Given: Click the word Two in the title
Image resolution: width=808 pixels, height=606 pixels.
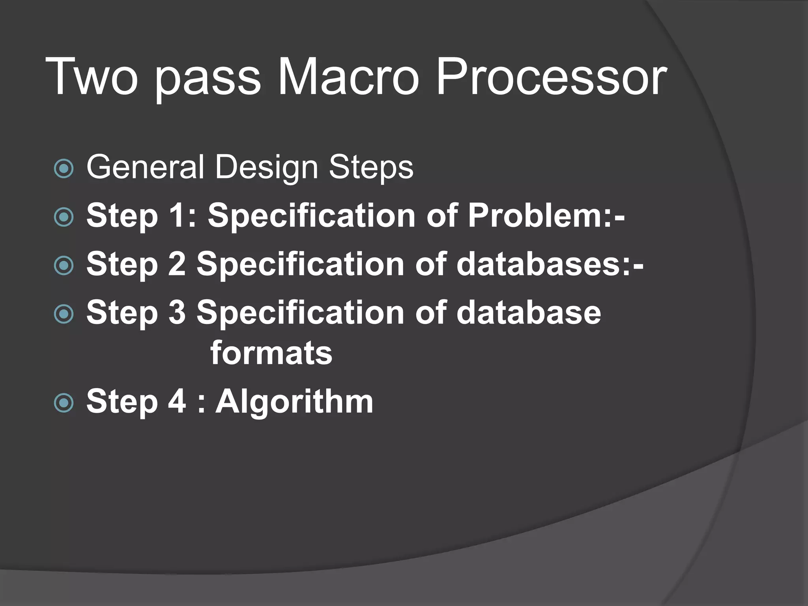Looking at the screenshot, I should click(92, 77).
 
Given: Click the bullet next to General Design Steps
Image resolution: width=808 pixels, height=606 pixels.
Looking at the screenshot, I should click(64, 169).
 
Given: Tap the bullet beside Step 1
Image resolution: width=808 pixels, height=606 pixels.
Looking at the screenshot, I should click(64, 217).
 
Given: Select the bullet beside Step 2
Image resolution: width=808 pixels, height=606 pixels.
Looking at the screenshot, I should click(64, 266).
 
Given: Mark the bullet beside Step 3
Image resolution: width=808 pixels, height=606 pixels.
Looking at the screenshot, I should click(64, 314).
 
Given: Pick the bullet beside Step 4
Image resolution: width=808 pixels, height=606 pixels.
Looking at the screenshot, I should click(64, 403).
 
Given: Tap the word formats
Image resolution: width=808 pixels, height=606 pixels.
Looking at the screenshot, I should click(271, 353).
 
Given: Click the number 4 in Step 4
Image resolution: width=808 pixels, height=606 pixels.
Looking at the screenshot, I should click(177, 401).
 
